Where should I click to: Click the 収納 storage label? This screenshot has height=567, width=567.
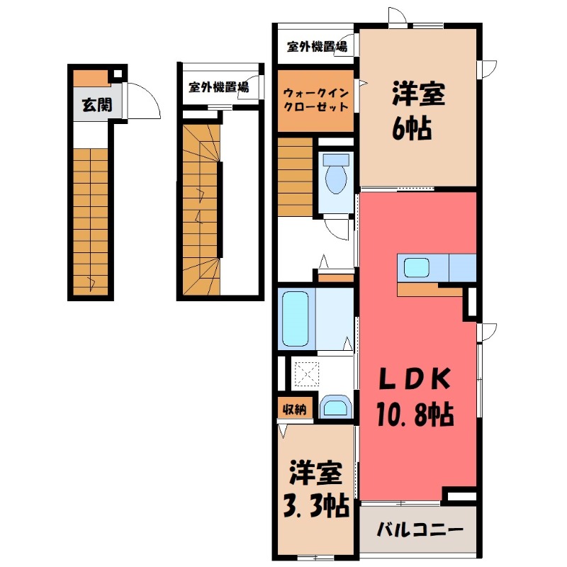click(x=294, y=409)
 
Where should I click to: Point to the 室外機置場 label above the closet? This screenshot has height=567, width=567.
click(x=317, y=48)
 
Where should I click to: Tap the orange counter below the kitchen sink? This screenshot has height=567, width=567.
click(x=425, y=289)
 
